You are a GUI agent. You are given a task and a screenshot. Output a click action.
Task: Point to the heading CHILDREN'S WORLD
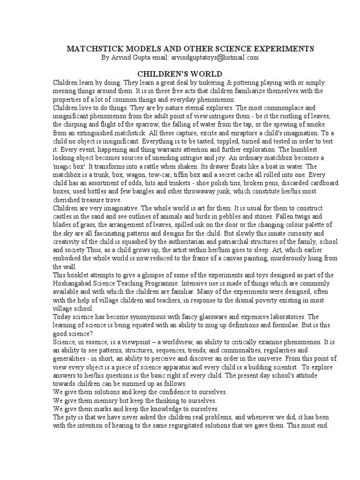point(180,74)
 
